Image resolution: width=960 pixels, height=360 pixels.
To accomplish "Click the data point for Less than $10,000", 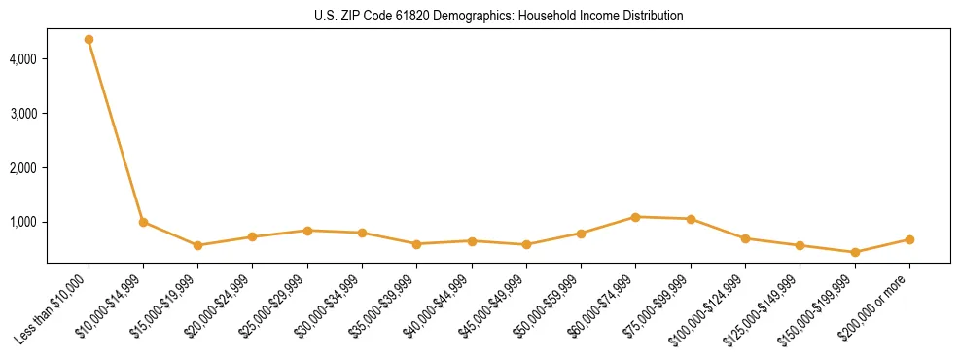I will [89, 40].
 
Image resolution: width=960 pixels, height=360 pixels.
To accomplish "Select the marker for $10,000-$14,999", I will [143, 222].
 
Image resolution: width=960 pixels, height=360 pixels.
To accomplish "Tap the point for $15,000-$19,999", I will [197, 245].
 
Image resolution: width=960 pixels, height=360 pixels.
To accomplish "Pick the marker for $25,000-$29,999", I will [307, 231].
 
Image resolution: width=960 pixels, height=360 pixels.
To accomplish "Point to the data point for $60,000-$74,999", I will [635, 217].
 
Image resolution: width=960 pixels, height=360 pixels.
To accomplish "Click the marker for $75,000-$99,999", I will [691, 219].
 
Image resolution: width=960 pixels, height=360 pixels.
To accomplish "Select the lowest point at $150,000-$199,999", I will [855, 252].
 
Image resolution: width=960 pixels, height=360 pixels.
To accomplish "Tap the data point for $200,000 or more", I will [909, 239].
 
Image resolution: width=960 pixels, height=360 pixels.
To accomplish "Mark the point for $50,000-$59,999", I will [581, 234].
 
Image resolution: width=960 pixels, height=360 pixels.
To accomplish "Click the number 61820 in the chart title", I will [411, 17].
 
